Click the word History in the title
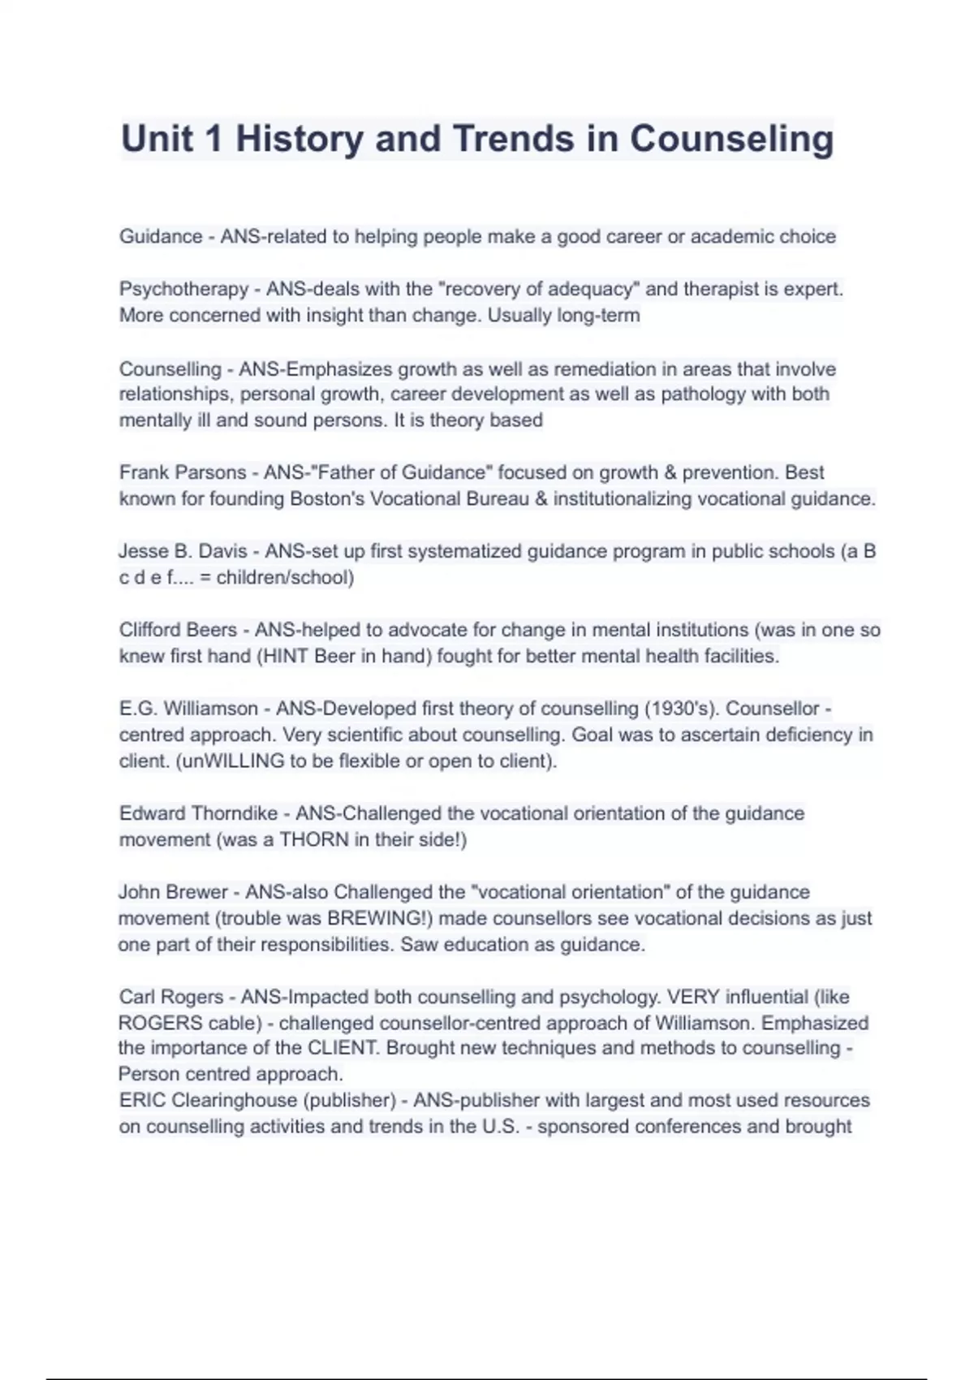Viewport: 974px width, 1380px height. click(300, 139)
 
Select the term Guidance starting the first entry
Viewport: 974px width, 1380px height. click(161, 237)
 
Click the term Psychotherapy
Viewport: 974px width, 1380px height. click(183, 289)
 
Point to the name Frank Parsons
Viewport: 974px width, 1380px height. click(183, 472)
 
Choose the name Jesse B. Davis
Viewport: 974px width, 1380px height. click(183, 551)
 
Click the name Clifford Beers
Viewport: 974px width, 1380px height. click(183, 630)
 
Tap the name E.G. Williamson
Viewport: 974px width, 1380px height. click(188, 709)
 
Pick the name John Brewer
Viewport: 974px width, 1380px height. click(173, 892)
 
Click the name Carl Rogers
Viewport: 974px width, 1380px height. click(170, 997)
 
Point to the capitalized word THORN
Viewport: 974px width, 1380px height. click(314, 839)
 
